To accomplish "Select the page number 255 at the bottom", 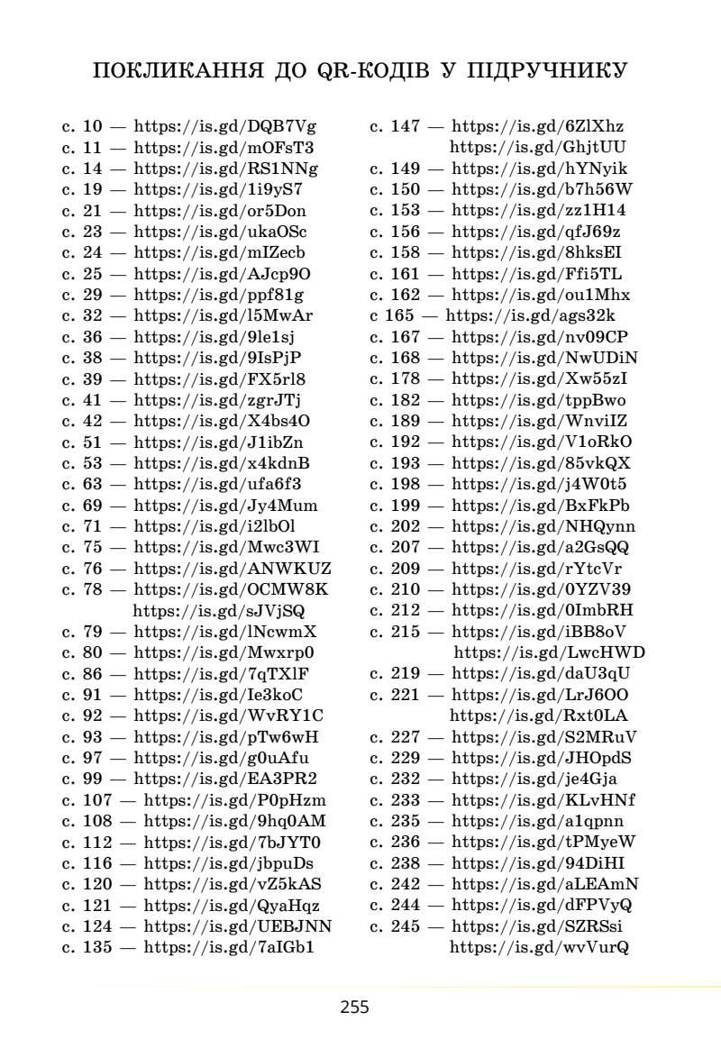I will (355, 1007).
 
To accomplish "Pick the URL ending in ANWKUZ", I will (233, 569).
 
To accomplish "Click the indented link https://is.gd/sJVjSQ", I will (219, 611).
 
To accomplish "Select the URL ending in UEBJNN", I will (238, 926).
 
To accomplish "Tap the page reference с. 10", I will (82, 126).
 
